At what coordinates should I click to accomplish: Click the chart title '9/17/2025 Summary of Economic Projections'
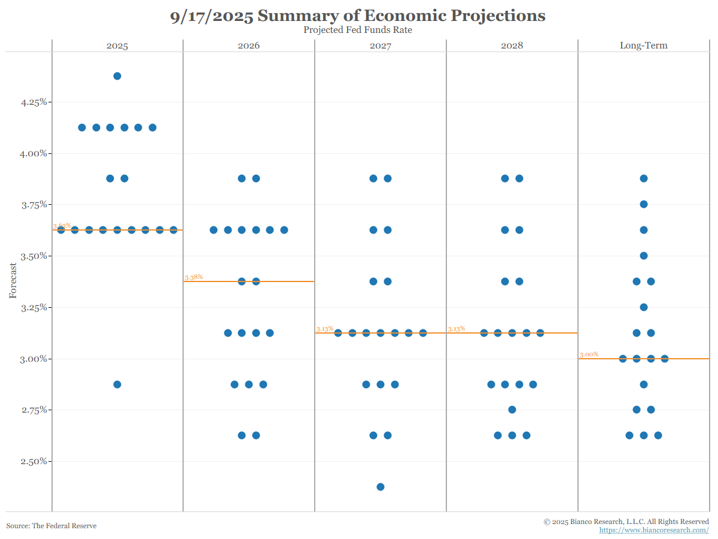tap(358, 16)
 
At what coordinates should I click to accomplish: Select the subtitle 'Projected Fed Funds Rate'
tap(358, 30)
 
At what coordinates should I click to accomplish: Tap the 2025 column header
tap(117, 46)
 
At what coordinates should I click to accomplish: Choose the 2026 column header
tap(249, 46)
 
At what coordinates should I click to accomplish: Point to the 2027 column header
tap(381, 46)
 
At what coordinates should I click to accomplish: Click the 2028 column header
tap(512, 46)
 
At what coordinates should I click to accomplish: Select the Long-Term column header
tap(644, 46)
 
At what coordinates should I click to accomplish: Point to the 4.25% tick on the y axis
tap(34, 102)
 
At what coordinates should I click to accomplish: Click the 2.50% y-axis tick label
tap(34, 461)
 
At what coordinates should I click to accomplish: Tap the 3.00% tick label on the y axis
tap(34, 359)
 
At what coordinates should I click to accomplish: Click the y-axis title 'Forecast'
tap(13, 281)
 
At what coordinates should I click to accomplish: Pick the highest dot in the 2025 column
tap(117, 76)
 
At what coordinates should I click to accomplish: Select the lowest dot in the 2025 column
tap(117, 384)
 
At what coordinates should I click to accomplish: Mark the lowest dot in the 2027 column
tap(381, 487)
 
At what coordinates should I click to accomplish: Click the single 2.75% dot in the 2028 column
tap(512, 410)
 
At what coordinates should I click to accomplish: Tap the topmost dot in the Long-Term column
tap(644, 178)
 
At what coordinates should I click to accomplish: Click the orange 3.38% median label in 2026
tap(194, 277)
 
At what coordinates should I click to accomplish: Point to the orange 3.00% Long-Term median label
tap(589, 355)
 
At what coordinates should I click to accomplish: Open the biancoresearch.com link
tap(654, 531)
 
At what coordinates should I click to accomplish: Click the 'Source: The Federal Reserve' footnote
tap(51, 526)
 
